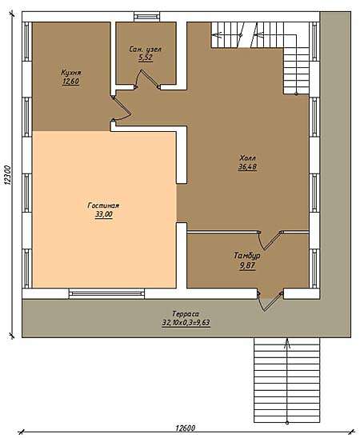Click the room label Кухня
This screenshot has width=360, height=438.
[x=71, y=73]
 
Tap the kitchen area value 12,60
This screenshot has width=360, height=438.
[x=71, y=82]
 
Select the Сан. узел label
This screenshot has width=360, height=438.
[x=146, y=50]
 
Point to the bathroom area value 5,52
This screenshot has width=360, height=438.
[x=146, y=58]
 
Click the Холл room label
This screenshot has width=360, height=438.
[x=248, y=158]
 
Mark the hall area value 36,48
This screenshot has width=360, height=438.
[x=247, y=167]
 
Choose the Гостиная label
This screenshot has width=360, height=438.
[x=103, y=205]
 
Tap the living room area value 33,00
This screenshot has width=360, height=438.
[x=103, y=214]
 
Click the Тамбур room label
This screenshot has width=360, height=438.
[x=247, y=256]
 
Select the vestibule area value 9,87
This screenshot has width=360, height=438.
[x=247, y=265]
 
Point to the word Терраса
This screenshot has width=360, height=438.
[x=186, y=313]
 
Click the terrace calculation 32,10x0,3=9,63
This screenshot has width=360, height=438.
[x=186, y=323]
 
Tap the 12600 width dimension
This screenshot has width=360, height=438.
[x=186, y=428]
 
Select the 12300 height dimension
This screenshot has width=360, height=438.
[x=7, y=175]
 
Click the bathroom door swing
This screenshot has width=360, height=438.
[x=147, y=79]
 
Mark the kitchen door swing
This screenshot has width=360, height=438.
[x=122, y=109]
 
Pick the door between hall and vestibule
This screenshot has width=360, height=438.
[x=270, y=240]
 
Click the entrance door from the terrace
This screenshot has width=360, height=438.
[x=270, y=301]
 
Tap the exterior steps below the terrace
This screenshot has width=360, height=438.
[x=286, y=380]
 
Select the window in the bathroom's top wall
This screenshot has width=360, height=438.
[x=147, y=17]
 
